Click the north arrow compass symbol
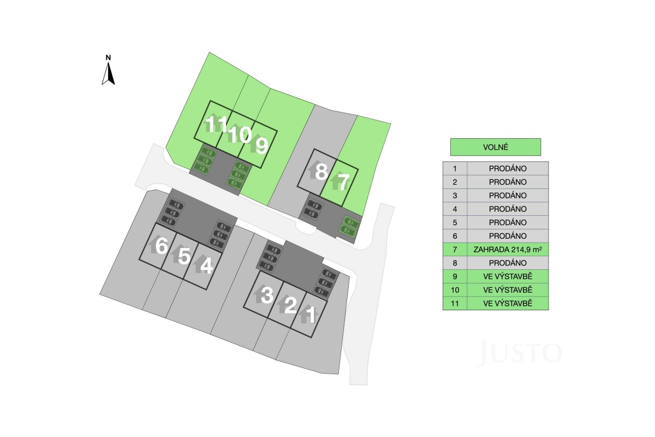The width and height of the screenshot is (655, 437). (108, 70)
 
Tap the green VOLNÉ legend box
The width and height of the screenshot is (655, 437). (496, 147)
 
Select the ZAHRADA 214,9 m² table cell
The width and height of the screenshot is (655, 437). (508, 250)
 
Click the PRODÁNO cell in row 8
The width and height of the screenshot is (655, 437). (508, 263)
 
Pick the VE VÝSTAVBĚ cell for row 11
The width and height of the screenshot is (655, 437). (508, 303)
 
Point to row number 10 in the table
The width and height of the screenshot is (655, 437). (455, 290)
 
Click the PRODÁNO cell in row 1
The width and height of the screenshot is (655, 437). (508, 168)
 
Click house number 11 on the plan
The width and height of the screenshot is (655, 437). (216, 124)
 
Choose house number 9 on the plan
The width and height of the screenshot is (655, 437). (261, 145)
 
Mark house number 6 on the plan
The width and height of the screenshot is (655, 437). (162, 245)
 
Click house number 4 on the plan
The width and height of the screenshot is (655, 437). (206, 266)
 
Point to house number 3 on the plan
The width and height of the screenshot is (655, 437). (266, 295)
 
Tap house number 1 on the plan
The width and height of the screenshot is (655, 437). (311, 315)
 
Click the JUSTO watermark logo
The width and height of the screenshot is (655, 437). (520, 352)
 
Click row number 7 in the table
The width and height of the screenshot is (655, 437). (455, 250)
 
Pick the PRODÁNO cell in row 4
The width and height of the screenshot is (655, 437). (508, 209)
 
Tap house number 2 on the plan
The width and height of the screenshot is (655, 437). (290, 305)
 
